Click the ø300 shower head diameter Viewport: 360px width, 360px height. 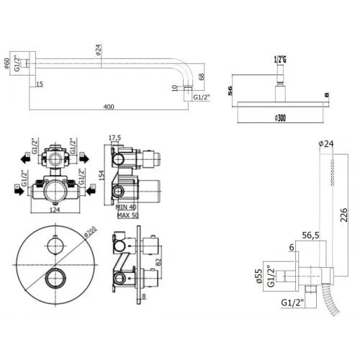pyautogui.click(x=280, y=117)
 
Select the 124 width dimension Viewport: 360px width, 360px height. pyautogui.click(x=54, y=210)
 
